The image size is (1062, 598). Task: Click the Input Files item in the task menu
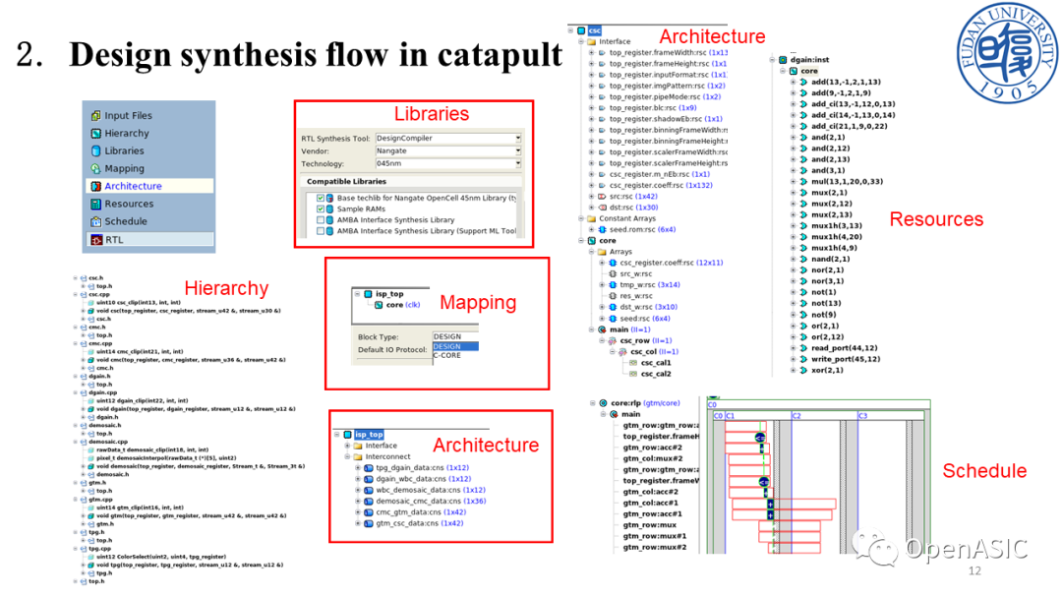[x=128, y=115]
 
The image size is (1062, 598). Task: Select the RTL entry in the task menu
[x=114, y=239]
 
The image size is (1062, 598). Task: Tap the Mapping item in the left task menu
[x=124, y=168]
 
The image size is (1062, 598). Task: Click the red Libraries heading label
[x=432, y=113]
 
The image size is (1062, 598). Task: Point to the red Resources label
[x=936, y=219]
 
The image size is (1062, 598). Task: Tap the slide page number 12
[x=975, y=571]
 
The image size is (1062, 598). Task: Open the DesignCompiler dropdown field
[x=447, y=139]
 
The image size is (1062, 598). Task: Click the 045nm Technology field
[x=447, y=164]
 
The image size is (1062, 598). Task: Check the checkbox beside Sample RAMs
[x=321, y=209]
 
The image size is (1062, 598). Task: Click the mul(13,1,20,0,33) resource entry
[x=847, y=182]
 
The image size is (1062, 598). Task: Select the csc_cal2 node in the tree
[x=656, y=374]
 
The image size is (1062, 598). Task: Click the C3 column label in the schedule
[x=862, y=416]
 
